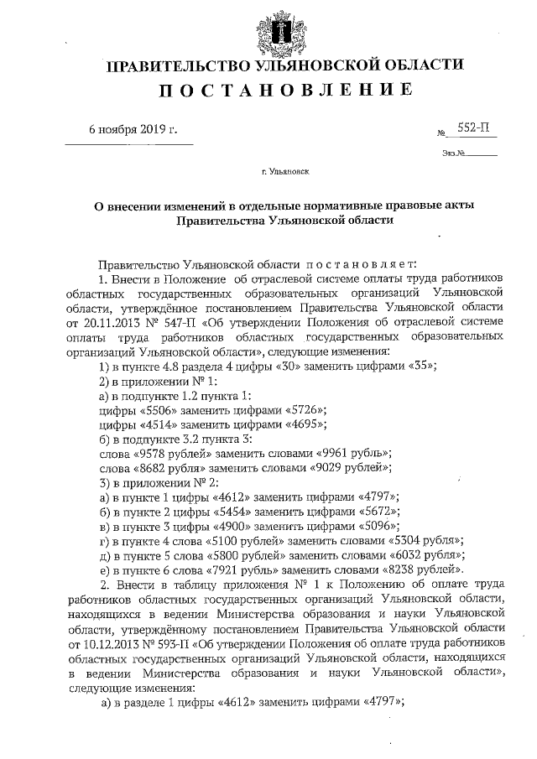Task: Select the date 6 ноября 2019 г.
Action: tap(134, 130)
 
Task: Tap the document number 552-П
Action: tap(472, 128)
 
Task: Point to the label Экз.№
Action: tap(453, 153)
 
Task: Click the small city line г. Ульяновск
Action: tap(284, 173)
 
